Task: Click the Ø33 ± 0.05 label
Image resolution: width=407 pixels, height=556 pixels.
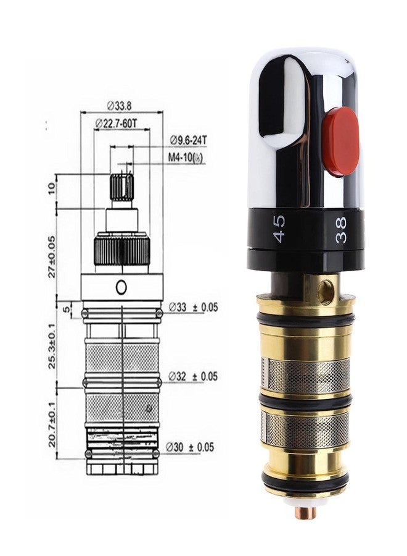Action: tap(194, 306)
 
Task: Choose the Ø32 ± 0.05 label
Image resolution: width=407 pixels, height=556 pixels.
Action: tap(194, 376)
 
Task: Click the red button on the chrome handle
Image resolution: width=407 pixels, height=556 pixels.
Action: tap(341, 141)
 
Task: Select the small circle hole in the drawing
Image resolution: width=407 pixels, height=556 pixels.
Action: tap(121, 286)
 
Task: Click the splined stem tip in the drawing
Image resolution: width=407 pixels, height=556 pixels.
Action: tap(121, 184)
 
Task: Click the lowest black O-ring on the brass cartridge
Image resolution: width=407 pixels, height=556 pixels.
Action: tap(305, 481)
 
